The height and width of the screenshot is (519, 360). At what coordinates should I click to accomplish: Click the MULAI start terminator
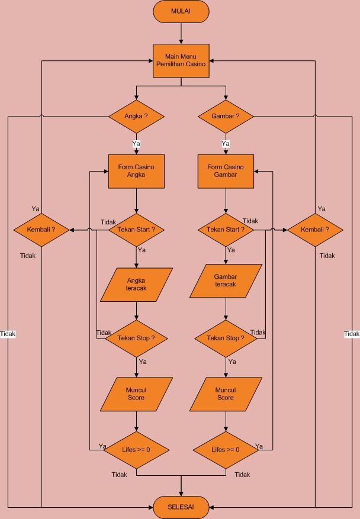click(x=181, y=11)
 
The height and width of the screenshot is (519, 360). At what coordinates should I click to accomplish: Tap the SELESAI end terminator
click(x=181, y=507)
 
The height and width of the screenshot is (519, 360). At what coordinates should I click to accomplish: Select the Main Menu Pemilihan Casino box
click(x=181, y=61)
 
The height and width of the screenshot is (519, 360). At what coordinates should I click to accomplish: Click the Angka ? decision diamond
click(x=136, y=116)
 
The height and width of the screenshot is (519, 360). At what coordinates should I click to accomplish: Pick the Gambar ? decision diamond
click(x=226, y=116)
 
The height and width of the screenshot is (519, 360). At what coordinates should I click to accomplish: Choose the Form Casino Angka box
click(x=136, y=171)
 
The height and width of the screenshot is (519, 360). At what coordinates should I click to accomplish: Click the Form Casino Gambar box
click(x=226, y=171)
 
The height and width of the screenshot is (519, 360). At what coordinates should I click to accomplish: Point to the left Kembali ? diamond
click(x=41, y=230)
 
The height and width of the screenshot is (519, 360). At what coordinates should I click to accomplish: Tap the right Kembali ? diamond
click(x=315, y=230)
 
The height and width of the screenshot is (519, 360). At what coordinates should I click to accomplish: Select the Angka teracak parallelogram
click(x=136, y=285)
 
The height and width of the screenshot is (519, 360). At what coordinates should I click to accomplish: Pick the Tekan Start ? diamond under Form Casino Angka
click(x=136, y=230)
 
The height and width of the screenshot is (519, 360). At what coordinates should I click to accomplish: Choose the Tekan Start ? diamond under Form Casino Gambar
click(x=226, y=230)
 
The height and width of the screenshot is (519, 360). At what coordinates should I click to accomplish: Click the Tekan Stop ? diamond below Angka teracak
click(x=136, y=339)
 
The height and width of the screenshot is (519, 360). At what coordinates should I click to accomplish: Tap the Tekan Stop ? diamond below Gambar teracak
click(x=226, y=339)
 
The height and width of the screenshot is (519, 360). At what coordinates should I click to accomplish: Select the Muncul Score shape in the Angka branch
click(x=136, y=394)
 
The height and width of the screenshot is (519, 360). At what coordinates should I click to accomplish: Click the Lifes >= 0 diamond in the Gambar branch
click(x=226, y=450)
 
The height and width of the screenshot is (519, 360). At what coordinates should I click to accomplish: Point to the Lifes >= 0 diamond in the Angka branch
click(x=136, y=450)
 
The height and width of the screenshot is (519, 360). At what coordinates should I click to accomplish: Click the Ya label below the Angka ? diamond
click(x=136, y=144)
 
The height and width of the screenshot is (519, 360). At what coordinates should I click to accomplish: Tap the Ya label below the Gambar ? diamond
click(x=226, y=144)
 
